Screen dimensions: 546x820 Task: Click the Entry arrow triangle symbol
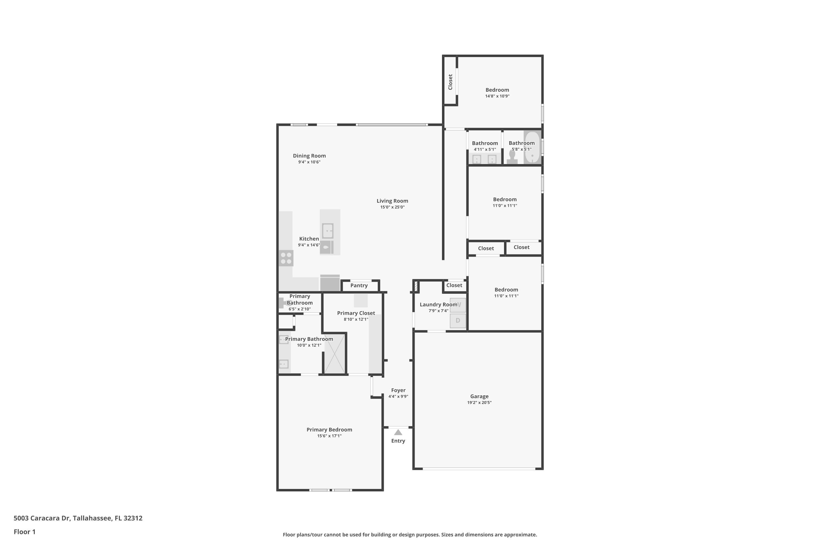point(398,432)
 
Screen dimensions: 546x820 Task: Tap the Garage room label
point(479,396)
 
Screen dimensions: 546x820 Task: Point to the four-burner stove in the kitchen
point(286,258)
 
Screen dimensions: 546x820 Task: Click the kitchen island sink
point(328,230)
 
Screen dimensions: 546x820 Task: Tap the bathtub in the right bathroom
point(532,148)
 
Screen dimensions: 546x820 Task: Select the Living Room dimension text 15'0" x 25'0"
point(392,207)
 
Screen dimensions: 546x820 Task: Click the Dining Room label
point(309,156)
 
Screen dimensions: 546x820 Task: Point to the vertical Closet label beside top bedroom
point(450,82)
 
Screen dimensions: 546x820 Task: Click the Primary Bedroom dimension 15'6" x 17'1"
point(329,436)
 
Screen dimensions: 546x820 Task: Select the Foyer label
point(398,390)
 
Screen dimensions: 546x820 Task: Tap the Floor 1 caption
point(24,532)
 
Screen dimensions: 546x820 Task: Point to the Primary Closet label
point(356,313)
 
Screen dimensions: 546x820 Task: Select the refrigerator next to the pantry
point(330,283)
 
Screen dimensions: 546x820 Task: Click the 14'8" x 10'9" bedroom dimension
point(497,96)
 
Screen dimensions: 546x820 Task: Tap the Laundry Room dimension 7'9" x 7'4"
point(438,311)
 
